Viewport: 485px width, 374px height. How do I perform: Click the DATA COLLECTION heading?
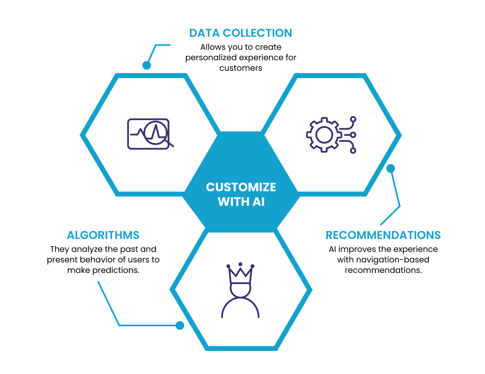pyautogui.click(x=240, y=33)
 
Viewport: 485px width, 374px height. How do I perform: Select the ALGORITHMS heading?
pyautogui.click(x=103, y=235)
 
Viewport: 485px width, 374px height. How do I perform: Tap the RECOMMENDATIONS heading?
pyautogui.click(x=383, y=235)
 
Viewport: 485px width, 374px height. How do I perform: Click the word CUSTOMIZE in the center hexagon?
pyautogui.click(x=241, y=187)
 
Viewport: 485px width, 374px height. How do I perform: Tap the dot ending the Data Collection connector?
pyautogui.click(x=147, y=65)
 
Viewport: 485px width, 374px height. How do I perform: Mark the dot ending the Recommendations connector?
pyautogui.click(x=390, y=168)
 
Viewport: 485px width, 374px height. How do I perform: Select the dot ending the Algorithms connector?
pyautogui.click(x=180, y=325)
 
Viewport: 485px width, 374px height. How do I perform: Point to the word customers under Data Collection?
pyautogui.click(x=241, y=68)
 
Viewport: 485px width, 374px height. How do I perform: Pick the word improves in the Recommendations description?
pyautogui.click(x=358, y=249)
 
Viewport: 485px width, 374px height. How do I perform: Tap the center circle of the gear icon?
pyautogui.click(x=324, y=135)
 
